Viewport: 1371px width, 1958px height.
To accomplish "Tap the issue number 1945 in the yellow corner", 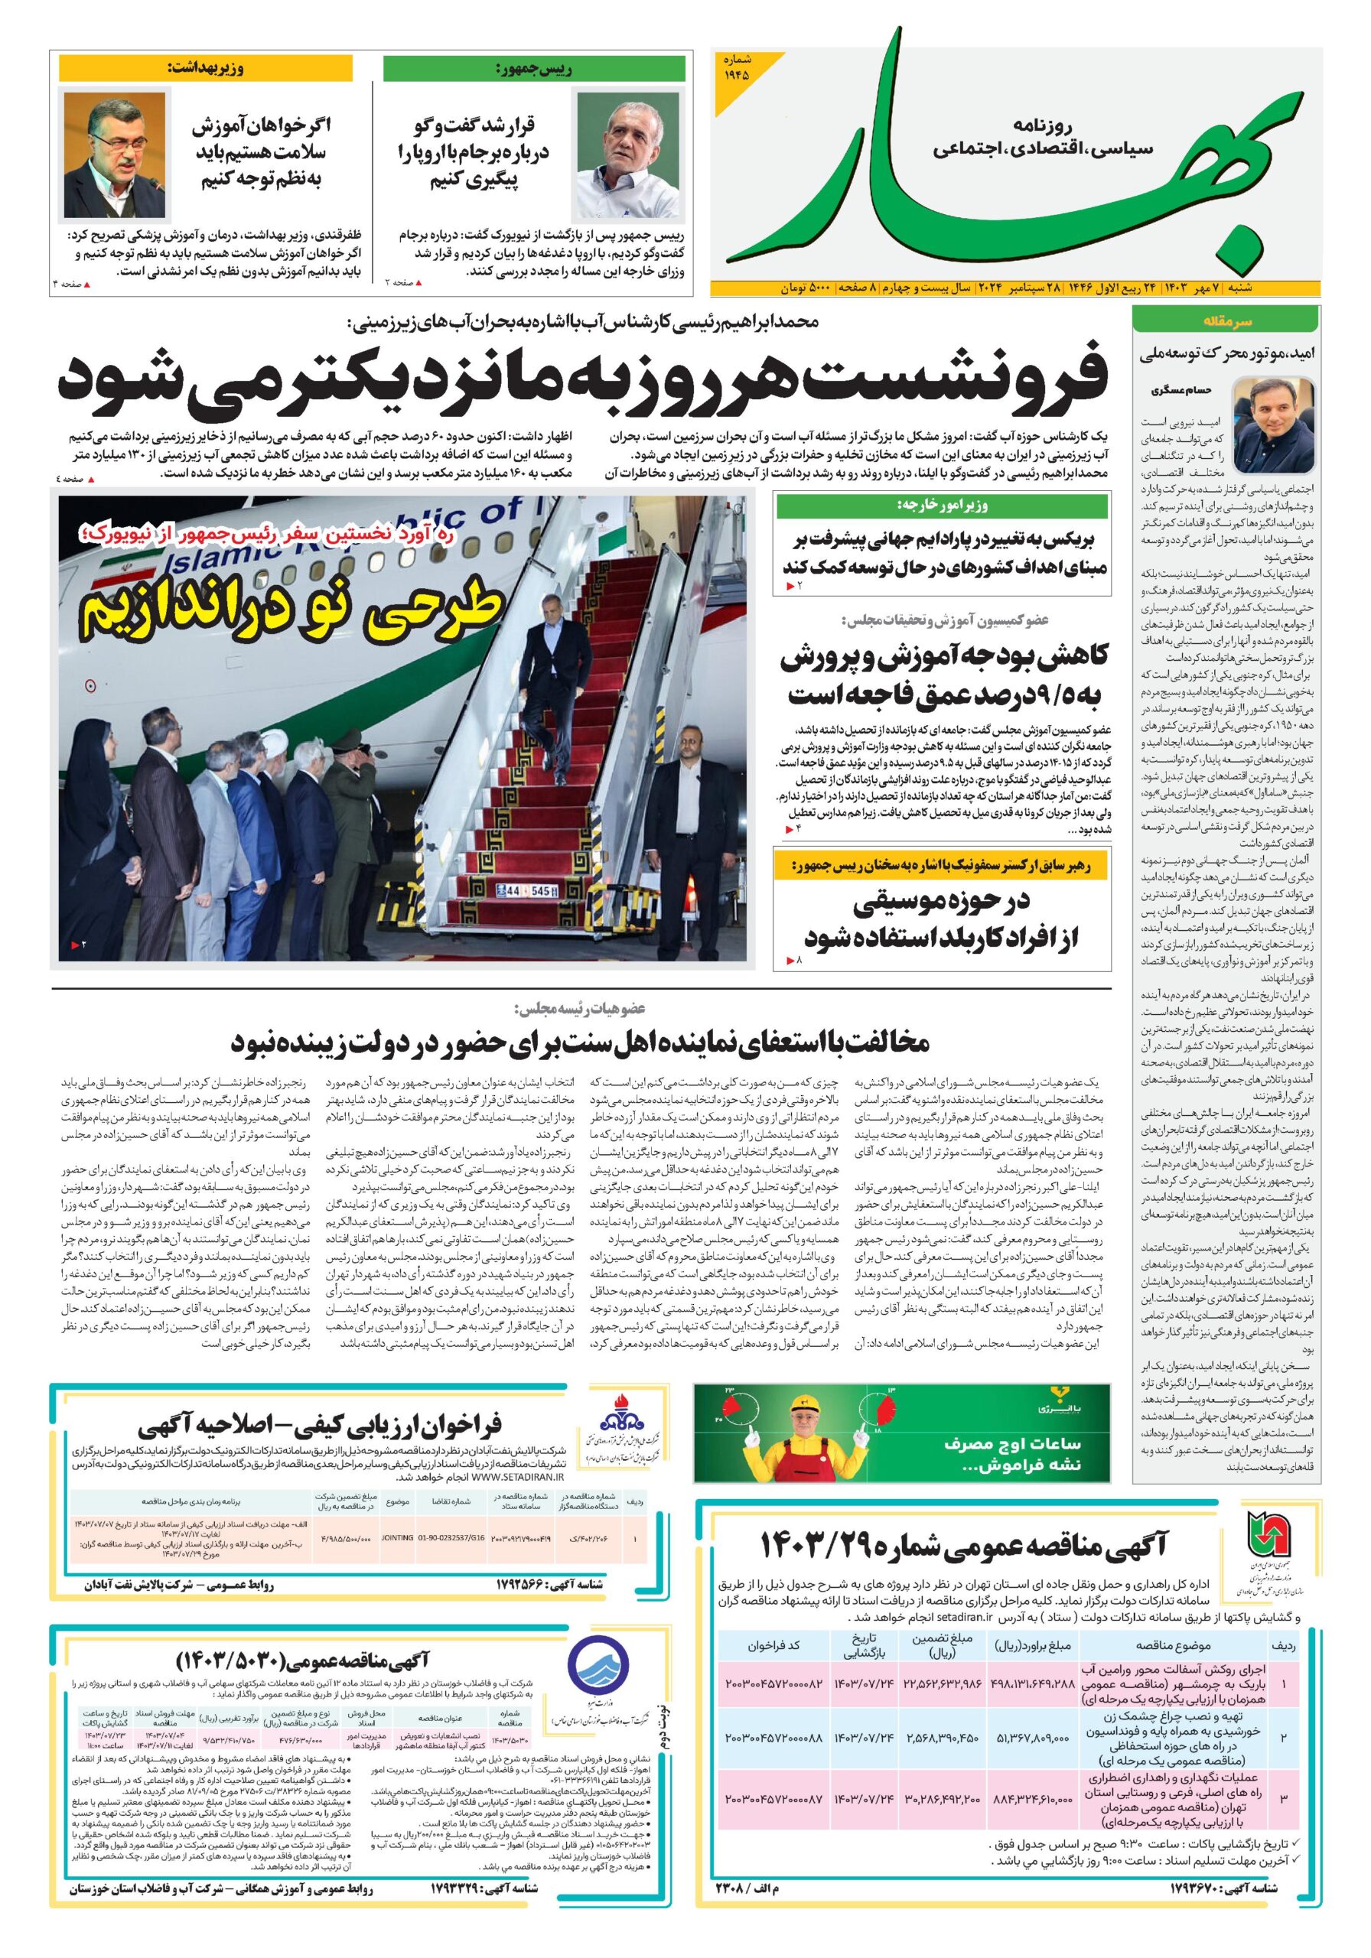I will pos(738,68).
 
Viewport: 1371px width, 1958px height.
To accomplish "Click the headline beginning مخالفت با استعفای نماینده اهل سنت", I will pos(580,1042).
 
